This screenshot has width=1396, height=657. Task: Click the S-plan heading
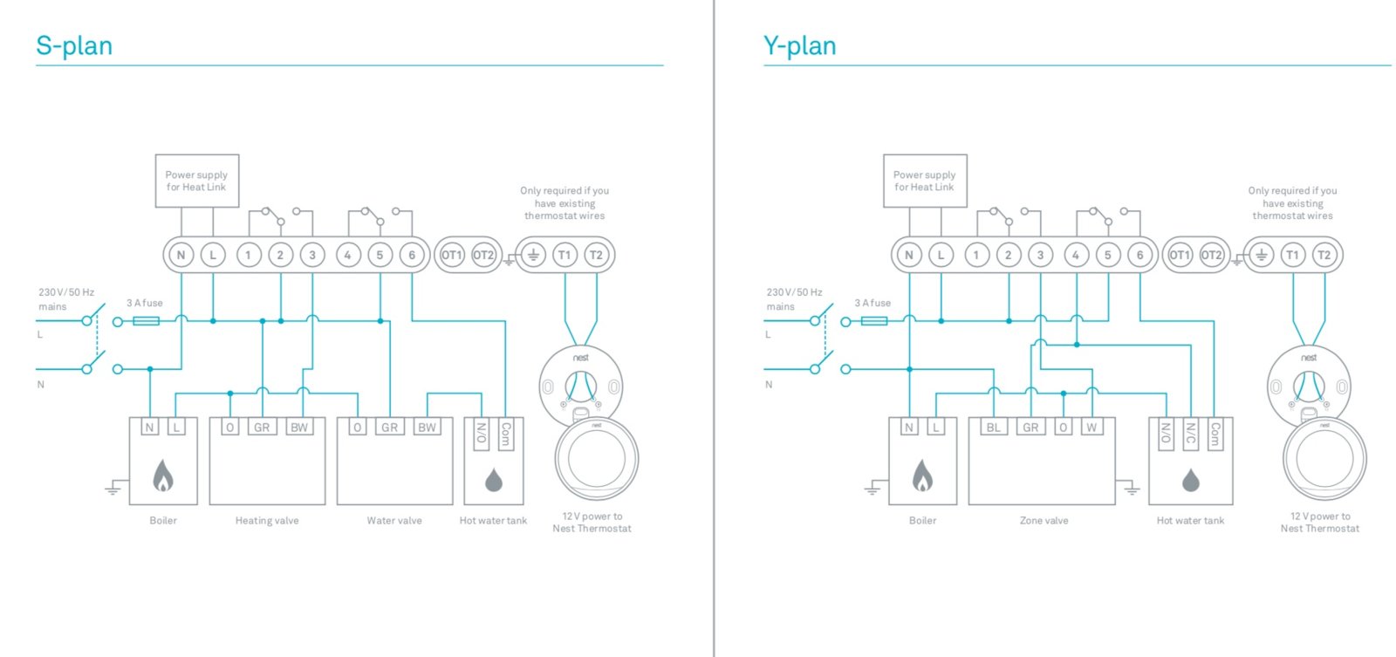(74, 45)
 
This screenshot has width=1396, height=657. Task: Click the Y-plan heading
(799, 45)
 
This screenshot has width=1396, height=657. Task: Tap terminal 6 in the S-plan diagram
(412, 255)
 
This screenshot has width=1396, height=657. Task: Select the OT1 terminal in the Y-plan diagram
(1179, 255)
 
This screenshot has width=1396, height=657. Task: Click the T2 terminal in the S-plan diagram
(596, 255)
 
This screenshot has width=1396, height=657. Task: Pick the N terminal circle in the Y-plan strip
(908, 255)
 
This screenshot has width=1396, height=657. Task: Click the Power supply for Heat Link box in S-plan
(196, 181)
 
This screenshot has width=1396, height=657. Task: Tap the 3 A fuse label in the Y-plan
(872, 303)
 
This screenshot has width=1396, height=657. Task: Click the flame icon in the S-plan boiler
(163, 476)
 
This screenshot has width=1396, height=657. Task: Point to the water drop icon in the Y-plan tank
(1190, 480)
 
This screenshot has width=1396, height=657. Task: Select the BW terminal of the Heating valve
(299, 428)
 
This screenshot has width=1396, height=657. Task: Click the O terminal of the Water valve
(357, 428)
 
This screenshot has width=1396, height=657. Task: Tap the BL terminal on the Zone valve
(993, 428)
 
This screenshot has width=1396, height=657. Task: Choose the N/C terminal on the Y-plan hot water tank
(1189, 434)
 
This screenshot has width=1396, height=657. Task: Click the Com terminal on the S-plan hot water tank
(505, 434)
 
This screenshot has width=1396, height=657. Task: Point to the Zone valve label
(1044, 521)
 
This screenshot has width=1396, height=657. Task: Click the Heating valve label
(267, 521)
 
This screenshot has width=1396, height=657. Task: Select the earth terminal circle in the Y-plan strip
(1260, 255)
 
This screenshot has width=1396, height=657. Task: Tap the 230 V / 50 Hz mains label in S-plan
(65, 298)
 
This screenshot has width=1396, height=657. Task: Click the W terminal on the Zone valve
(1091, 428)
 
